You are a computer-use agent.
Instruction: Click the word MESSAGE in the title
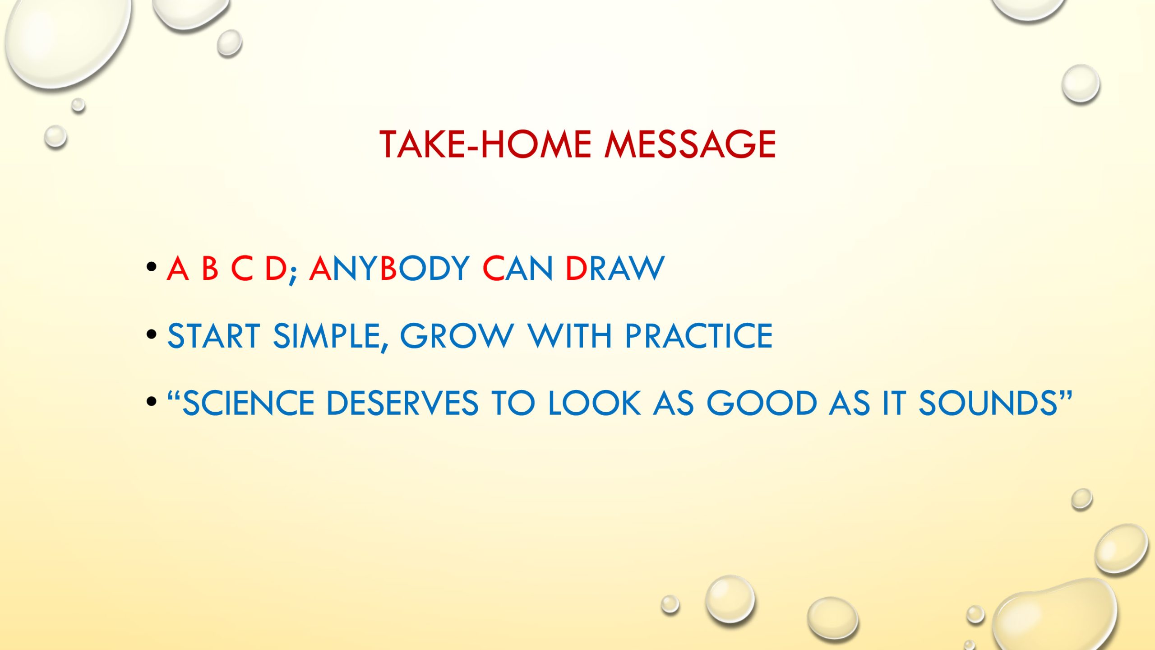[690, 144]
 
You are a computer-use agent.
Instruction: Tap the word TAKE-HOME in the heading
[485, 144]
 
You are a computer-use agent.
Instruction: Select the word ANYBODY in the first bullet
[389, 269]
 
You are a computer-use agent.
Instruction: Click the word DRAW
[615, 269]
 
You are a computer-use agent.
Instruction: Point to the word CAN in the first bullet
[517, 269]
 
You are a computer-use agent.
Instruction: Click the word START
[214, 336]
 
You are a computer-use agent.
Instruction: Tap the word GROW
[457, 336]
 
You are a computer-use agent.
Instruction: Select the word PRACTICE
[699, 336]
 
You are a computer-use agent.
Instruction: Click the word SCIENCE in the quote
[248, 403]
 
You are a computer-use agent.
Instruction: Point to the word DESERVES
[402, 403]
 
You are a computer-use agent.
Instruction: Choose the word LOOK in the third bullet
[594, 403]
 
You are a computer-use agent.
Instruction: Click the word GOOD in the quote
[762, 403]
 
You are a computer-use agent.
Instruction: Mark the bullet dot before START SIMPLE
[152, 334]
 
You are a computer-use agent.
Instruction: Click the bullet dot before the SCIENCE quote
[152, 401]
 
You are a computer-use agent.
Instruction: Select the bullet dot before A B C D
[152, 267]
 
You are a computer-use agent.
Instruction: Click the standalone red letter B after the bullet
[210, 269]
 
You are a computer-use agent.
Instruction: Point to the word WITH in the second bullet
[569, 336]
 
